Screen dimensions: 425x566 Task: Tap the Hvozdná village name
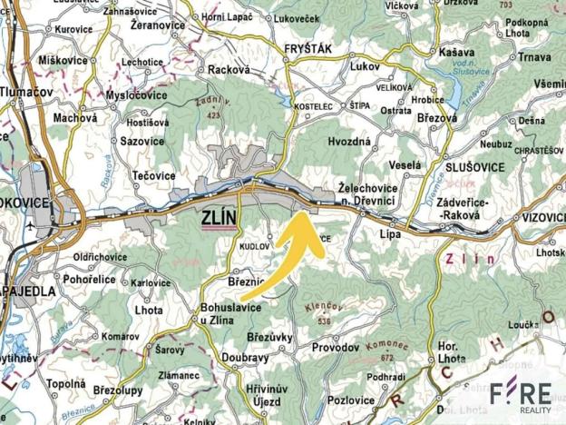(349, 143)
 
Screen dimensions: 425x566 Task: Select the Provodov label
(336, 348)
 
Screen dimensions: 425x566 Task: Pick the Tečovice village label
(152, 175)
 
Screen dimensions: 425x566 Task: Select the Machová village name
(74, 117)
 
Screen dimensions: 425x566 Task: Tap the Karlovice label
(151, 282)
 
